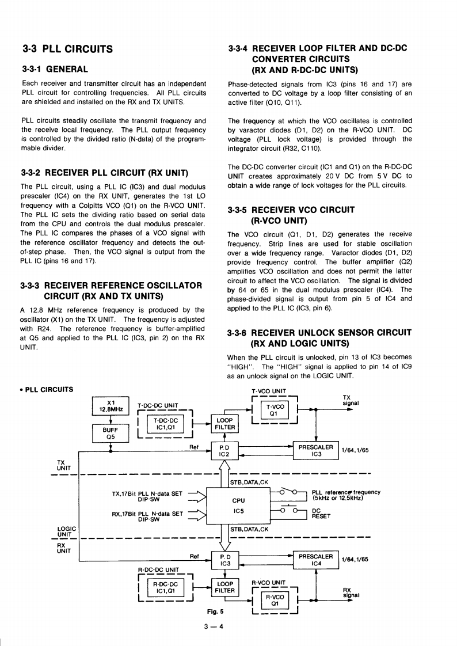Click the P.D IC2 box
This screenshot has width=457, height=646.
(225, 450)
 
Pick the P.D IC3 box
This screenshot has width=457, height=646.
(225, 560)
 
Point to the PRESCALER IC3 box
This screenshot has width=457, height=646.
(316, 450)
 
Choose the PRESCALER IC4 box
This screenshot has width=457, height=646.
(316, 560)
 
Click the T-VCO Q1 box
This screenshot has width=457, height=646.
(274, 409)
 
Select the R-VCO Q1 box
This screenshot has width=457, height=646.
(274, 601)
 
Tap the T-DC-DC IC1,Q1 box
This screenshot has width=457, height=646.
(166, 424)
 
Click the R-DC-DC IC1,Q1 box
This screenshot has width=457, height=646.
(166, 587)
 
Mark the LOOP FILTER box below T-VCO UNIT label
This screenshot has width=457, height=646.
(224, 424)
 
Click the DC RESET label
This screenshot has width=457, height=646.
(321, 513)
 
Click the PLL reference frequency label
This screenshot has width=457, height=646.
(345, 495)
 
